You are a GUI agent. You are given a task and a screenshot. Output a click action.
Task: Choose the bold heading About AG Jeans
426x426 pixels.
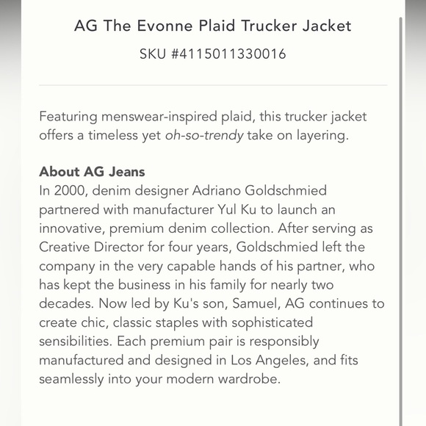92,172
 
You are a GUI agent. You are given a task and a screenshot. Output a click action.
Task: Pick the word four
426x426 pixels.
189,248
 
